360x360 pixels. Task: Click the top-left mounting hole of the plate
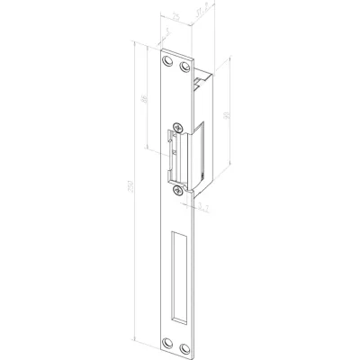tap(165, 64)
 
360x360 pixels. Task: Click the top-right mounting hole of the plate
tap(184, 67)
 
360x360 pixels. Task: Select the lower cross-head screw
tap(177, 187)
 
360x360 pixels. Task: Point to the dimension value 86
tap(147, 102)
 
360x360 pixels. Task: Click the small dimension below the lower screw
tap(204, 207)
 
